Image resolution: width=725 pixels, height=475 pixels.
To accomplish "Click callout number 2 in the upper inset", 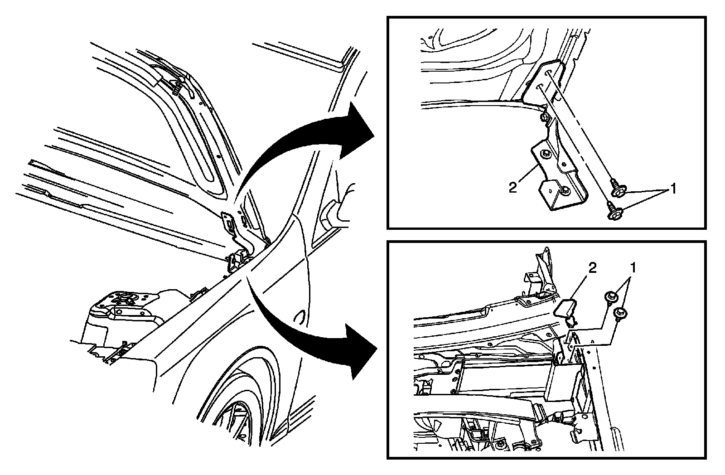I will [512, 187].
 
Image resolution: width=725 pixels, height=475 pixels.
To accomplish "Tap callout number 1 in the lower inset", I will [633, 268].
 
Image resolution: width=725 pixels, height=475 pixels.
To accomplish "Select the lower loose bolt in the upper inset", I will [612, 212].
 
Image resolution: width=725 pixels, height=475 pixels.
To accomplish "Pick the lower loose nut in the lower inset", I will [619, 312].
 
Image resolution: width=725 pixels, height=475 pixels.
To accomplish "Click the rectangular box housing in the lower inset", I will [507, 378].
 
